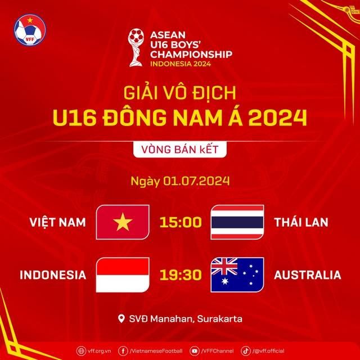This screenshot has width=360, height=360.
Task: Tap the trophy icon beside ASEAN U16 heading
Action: point(136,49)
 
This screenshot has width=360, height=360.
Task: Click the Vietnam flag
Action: point(123,222)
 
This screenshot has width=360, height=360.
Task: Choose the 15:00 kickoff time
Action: point(180,222)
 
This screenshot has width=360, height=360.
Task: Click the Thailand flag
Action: point(237,222)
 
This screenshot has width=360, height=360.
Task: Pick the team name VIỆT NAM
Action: point(58,222)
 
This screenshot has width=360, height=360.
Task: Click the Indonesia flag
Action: point(123,275)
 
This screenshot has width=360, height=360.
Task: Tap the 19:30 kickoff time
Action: point(180,275)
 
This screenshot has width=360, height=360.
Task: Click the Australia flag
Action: point(237,275)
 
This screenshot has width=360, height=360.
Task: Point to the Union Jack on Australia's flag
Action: point(223,267)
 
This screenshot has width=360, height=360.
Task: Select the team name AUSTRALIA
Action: point(308,275)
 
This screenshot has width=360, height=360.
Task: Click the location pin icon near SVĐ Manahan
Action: point(121,319)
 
